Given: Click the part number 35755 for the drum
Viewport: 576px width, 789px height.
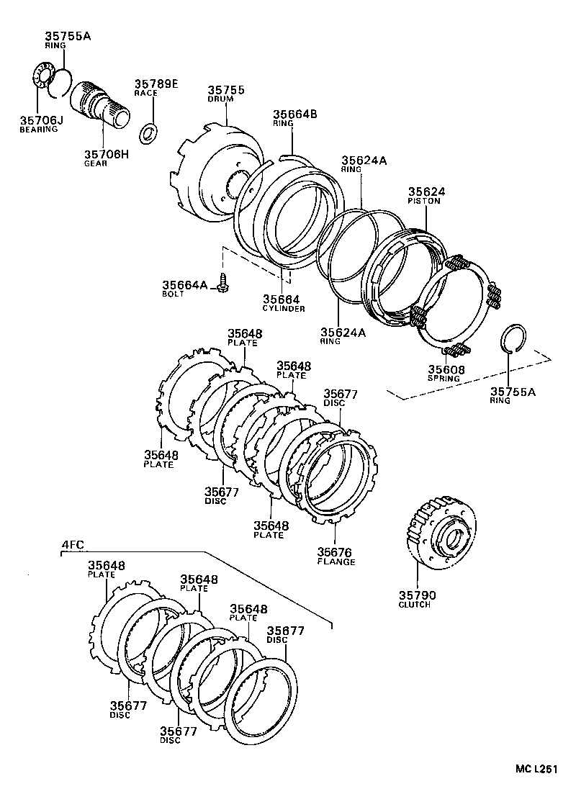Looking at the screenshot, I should pyautogui.click(x=226, y=90).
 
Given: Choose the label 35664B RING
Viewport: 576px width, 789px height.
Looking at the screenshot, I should pyautogui.click(x=294, y=117).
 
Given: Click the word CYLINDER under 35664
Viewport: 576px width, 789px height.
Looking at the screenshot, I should pyautogui.click(x=283, y=308).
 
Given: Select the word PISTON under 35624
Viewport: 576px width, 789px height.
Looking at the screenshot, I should pyautogui.click(x=424, y=201).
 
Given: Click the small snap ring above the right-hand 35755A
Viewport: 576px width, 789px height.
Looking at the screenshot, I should pyautogui.click(x=513, y=338).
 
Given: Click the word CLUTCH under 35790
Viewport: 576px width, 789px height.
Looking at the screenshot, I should pyautogui.click(x=414, y=605).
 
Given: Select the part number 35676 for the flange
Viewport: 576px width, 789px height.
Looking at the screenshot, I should pyautogui.click(x=336, y=552).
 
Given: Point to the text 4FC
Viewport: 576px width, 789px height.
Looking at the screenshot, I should pyautogui.click(x=71, y=546).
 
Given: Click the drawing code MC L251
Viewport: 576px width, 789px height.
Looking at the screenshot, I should pyautogui.click(x=536, y=770).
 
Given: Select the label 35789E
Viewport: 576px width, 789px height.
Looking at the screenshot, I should pyautogui.click(x=156, y=84).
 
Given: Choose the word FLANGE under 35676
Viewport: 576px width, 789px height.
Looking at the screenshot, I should pyautogui.click(x=336, y=562).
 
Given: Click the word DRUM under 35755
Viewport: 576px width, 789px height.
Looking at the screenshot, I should pyautogui.click(x=221, y=99).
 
